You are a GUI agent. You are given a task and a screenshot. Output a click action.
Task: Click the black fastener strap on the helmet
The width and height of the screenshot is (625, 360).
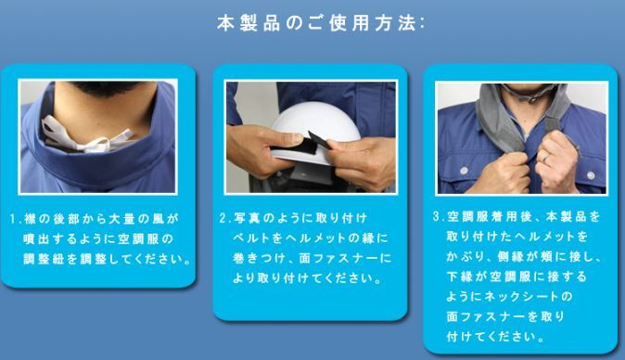301,145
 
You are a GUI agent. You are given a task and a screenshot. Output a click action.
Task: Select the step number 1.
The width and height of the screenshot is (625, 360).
14,219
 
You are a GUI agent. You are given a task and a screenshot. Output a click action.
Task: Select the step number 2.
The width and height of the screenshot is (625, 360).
223,218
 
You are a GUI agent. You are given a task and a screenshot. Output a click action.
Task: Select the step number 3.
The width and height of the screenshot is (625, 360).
437,216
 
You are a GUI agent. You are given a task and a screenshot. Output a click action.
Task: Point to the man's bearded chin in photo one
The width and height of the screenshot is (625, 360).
105,88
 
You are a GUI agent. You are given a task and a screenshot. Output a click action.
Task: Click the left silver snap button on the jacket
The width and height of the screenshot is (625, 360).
464,171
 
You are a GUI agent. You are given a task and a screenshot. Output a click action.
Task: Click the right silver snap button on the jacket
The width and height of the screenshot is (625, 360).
591,175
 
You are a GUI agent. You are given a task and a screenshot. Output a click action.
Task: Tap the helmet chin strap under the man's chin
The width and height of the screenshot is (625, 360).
529,93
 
